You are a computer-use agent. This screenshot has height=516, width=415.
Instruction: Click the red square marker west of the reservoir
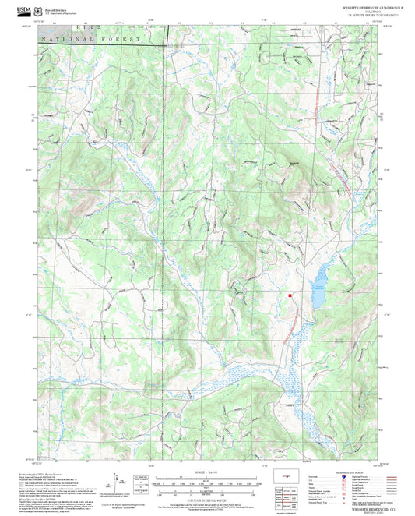pos(290,295)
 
